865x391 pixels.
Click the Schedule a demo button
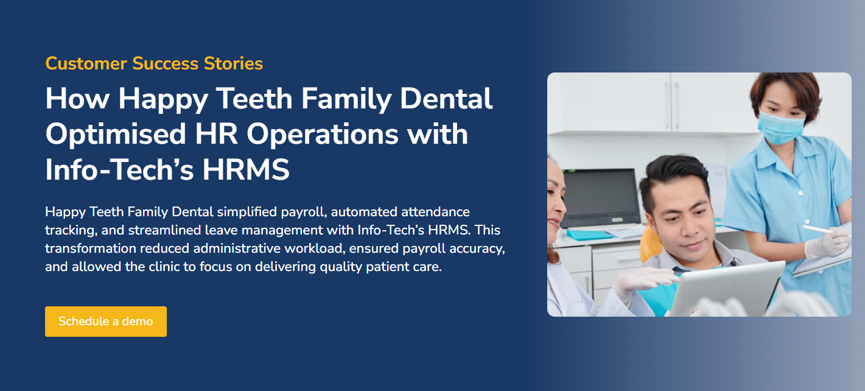105,322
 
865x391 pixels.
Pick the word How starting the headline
76,99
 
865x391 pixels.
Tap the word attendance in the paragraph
435,213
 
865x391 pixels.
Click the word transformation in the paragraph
93,249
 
